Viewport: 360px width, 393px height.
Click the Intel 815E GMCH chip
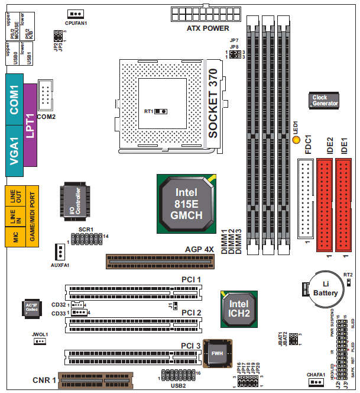[185, 204]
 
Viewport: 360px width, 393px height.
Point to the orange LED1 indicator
[297, 140]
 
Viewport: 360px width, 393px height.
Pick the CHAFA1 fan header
[316, 382]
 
